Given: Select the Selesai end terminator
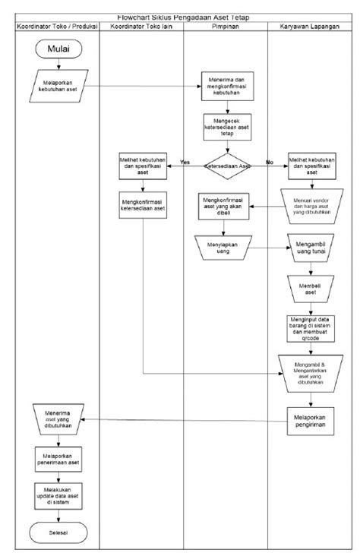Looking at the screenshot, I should pos(58,532).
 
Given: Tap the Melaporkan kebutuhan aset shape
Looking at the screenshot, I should pos(58,84).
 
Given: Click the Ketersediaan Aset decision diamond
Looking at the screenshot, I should pos(226,164).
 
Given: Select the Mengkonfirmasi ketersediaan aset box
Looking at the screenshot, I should pos(142,207).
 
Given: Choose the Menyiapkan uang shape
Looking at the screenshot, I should pos(226,248).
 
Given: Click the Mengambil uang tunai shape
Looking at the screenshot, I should pos(311,248).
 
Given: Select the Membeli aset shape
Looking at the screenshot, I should pos(311,288).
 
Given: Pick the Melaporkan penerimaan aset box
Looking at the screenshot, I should pos(58,458).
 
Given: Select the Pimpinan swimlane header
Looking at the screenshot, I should pos(226,27).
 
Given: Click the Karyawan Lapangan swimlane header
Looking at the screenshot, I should pos(311,27).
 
